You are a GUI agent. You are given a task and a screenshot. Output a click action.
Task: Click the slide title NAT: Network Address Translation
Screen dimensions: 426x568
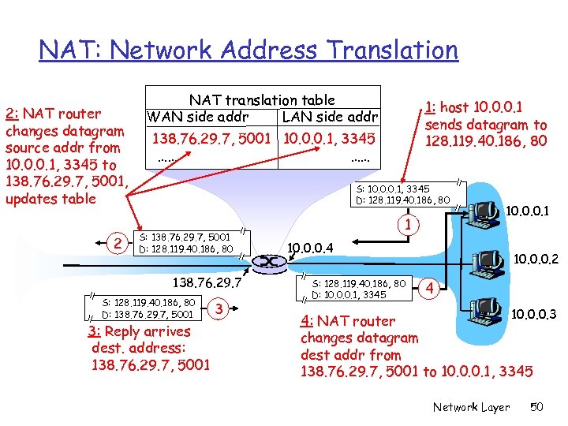248,50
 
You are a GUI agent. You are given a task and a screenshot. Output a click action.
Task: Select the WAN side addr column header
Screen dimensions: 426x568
197,118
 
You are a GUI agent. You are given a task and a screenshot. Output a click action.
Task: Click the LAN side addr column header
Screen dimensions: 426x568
330,118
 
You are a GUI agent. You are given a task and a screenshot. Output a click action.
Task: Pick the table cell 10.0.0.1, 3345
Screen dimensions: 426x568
329,139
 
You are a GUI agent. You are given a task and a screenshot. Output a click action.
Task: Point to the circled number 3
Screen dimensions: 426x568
222,308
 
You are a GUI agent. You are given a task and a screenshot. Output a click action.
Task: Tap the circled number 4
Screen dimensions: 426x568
430,289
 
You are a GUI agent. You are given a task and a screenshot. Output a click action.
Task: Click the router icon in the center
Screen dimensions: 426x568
268,261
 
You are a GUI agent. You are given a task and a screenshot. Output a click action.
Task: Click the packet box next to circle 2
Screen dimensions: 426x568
185,244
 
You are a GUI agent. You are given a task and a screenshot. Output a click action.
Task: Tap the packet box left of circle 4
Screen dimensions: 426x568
359,289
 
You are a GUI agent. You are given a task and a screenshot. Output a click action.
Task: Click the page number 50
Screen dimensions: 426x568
537,407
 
